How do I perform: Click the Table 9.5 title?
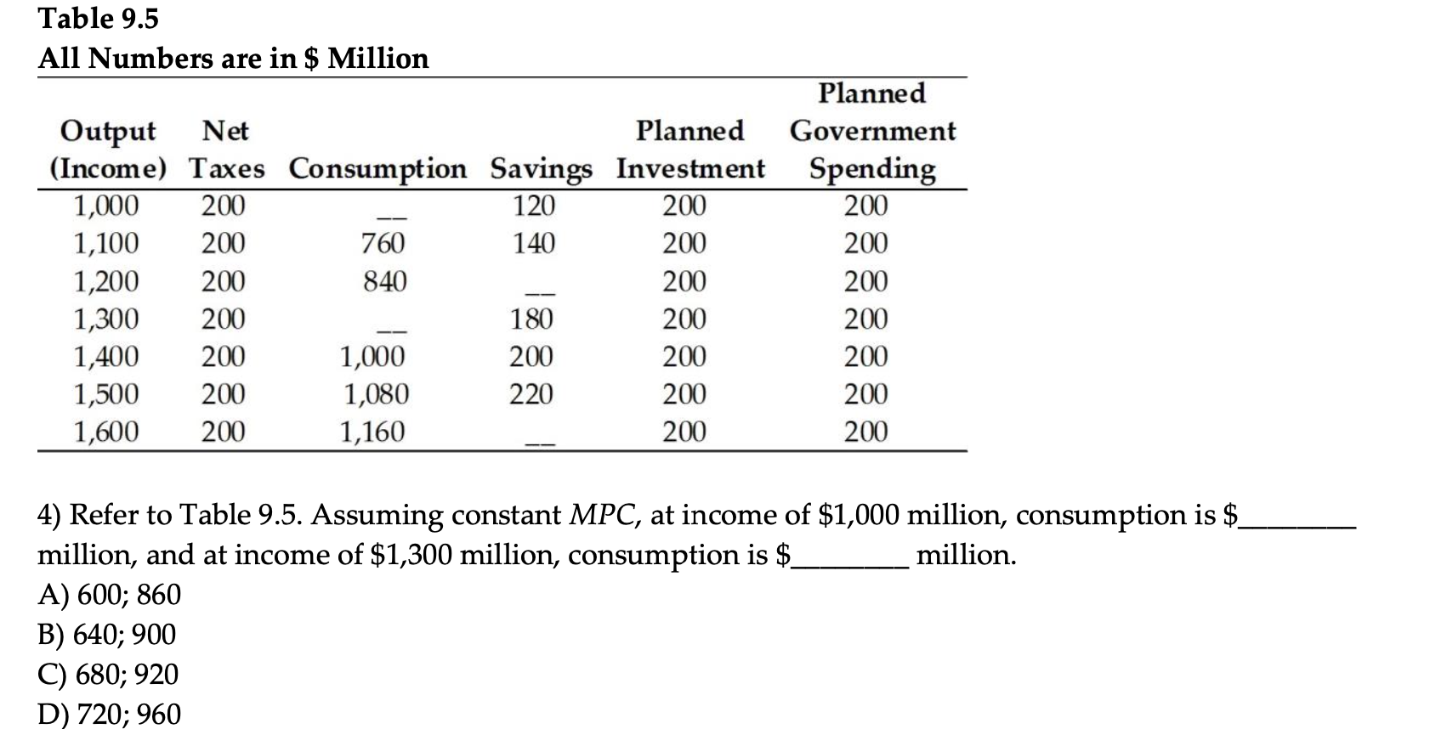[x=99, y=19]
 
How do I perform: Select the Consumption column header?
[x=377, y=168]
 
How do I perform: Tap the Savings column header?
[x=541, y=168]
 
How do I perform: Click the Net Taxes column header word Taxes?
[x=226, y=168]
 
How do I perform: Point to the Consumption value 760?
[x=383, y=244]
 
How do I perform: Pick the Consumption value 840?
[x=384, y=281]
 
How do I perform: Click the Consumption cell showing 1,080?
[x=376, y=394]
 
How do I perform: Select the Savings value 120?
[x=534, y=206]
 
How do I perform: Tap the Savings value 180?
[x=531, y=319]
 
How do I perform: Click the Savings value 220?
[x=531, y=394]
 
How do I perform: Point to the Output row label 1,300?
[x=105, y=319]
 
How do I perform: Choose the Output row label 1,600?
[x=105, y=432]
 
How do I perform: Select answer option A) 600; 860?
[x=110, y=595]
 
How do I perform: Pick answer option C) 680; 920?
[x=109, y=675]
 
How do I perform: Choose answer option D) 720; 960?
[x=110, y=715]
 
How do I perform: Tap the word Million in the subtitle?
[x=378, y=59]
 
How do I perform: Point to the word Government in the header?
[x=872, y=131]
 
